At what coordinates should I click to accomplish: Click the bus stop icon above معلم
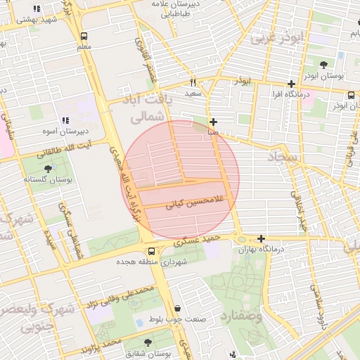[x=84, y=35]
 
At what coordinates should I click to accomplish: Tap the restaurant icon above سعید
[x=193, y=82]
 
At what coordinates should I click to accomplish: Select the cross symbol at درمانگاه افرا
[x=291, y=84]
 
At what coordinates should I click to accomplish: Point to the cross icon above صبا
[x=213, y=122]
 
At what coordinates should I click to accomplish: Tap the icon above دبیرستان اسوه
[x=65, y=121]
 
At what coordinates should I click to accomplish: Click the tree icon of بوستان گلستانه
[x=48, y=169]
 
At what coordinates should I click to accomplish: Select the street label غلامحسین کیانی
[x=193, y=202]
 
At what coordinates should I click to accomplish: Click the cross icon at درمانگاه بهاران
[x=261, y=239]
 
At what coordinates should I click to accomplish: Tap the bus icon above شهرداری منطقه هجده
[x=151, y=252]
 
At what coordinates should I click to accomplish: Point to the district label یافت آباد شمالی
[x=148, y=108]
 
